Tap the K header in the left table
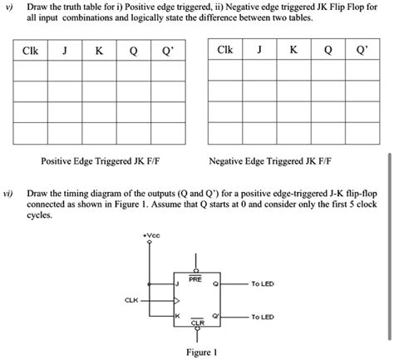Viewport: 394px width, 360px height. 98,52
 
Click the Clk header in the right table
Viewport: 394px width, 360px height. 224,51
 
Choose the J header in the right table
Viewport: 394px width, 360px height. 261,51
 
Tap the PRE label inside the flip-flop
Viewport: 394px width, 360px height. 195,280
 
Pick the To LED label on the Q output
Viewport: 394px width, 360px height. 262,284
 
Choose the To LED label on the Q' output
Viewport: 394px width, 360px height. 262,317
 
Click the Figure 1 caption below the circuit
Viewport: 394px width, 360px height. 202,352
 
